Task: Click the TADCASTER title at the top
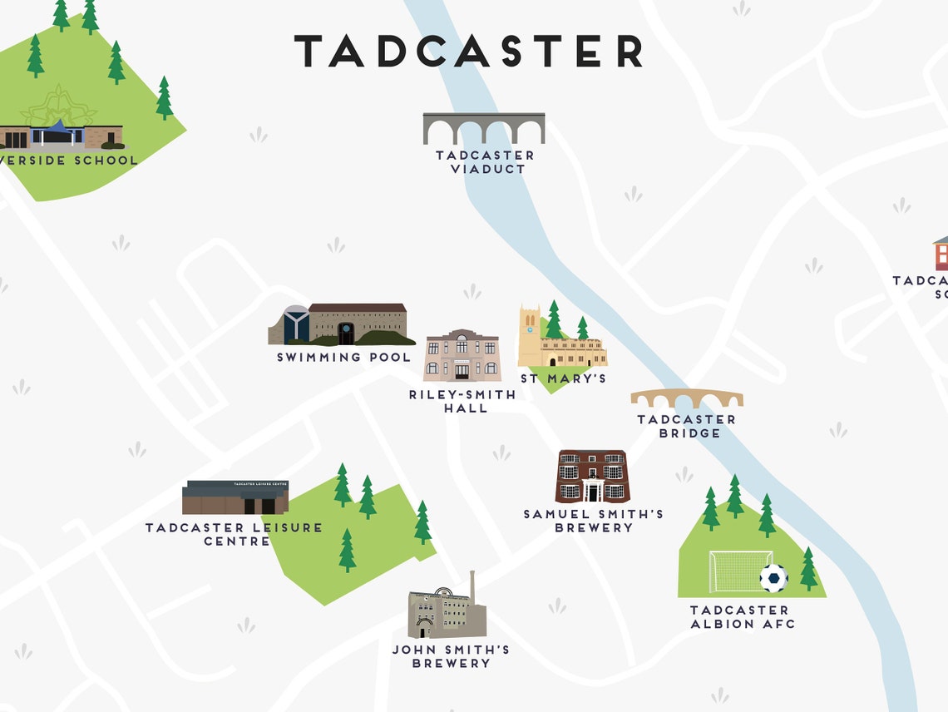point(469,52)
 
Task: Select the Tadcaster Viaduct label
point(485,162)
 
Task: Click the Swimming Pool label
point(343,358)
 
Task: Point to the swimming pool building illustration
point(341,324)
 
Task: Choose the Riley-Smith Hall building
point(462,356)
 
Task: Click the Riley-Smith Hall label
point(462,402)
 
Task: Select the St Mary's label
point(563,379)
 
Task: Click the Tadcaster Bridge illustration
point(686,398)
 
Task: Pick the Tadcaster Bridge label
point(687,427)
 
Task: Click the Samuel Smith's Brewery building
point(593,477)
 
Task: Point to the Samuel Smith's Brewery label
point(593,521)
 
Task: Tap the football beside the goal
point(773,578)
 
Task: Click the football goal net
point(736,572)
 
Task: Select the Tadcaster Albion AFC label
point(742,617)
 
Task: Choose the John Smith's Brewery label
point(452,656)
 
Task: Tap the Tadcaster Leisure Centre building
point(235,497)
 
